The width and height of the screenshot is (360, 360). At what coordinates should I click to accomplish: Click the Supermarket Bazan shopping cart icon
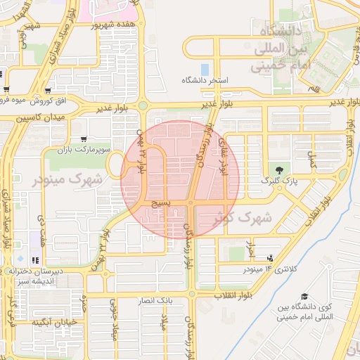coord(84,139)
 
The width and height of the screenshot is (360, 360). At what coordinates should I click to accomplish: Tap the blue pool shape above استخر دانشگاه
coord(205,70)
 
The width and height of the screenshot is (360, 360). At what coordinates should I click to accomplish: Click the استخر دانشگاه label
coord(205,81)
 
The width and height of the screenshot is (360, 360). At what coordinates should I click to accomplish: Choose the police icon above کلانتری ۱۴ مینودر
coord(271,258)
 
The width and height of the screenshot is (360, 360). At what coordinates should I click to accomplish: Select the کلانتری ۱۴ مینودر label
coord(270,269)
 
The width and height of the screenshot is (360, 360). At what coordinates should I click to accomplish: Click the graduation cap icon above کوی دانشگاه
coord(304,297)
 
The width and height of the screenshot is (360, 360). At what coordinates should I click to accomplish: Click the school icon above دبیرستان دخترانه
coord(35,261)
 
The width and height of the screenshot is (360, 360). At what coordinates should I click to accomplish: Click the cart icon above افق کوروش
coord(47,89)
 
